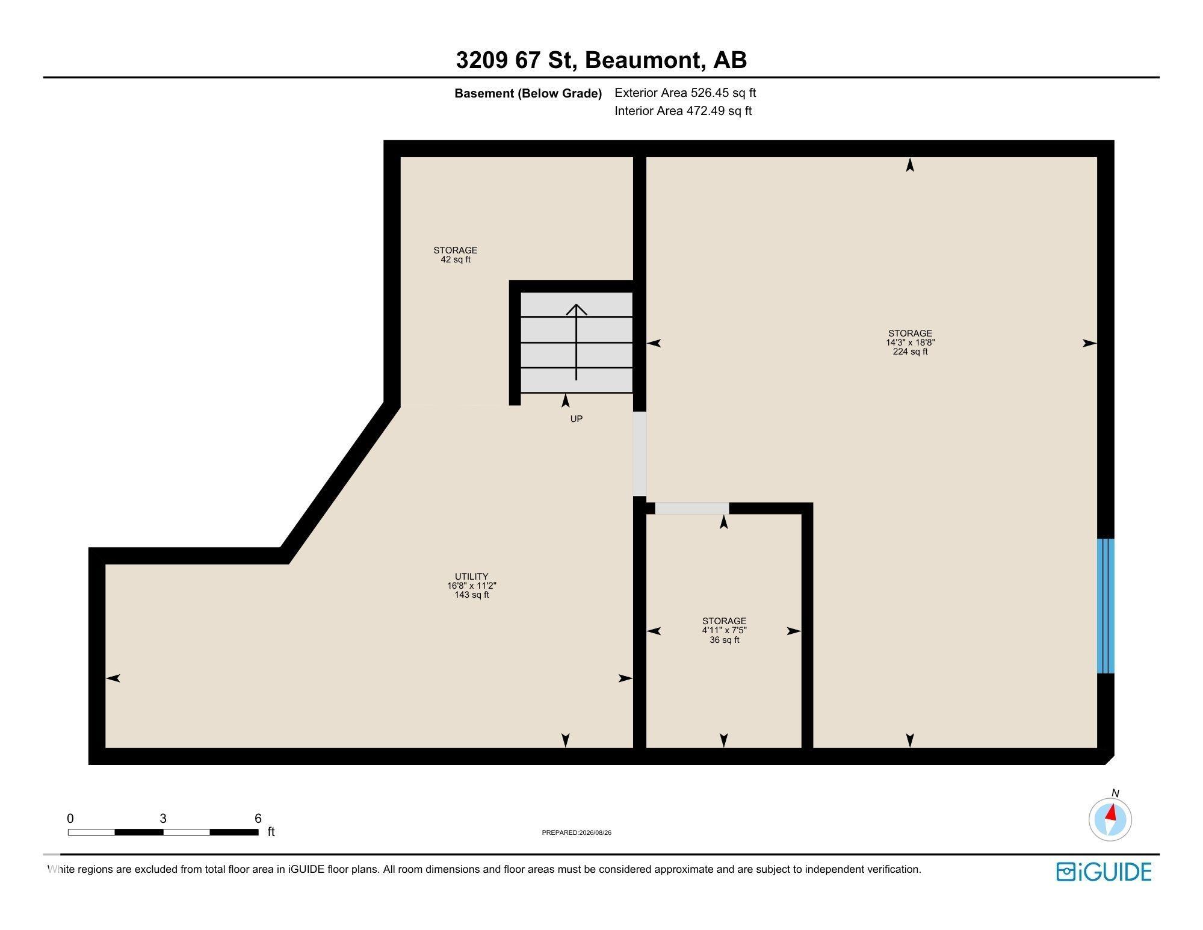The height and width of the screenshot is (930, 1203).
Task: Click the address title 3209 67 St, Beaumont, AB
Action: [x=601, y=60]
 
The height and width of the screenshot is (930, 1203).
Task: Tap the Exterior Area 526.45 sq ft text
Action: [x=685, y=93]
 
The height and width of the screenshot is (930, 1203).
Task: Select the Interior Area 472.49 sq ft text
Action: [x=683, y=111]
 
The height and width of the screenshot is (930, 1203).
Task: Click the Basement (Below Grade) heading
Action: [x=528, y=93]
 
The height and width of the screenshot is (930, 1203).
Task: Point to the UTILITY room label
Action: [x=472, y=576]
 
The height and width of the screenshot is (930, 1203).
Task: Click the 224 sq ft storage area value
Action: [x=910, y=352]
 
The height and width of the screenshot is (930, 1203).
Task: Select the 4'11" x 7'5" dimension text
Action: [x=724, y=630]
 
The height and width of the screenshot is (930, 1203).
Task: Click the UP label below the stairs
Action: [x=577, y=419]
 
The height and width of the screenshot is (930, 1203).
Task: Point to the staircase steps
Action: [x=577, y=343]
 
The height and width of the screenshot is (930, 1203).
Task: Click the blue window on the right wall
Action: [x=1106, y=606]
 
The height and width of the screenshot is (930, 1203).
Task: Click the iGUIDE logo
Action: [x=1104, y=872]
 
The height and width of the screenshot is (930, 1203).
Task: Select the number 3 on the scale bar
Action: [x=163, y=819]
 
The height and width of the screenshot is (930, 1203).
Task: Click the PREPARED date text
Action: [x=577, y=833]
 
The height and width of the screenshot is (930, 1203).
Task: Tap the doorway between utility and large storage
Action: [x=640, y=454]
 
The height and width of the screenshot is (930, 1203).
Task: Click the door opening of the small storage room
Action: [x=692, y=508]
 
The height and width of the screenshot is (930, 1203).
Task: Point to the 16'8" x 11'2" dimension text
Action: [x=472, y=586]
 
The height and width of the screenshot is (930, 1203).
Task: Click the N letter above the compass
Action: [x=1115, y=793]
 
